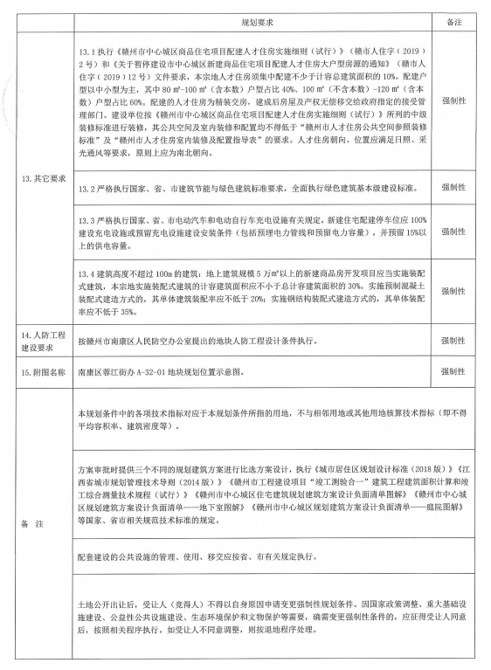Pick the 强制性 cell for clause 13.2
click(453, 189)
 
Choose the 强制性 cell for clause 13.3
click(453, 231)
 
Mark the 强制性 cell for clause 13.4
click(453, 291)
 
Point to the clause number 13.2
click(87, 189)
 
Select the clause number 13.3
click(87, 218)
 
